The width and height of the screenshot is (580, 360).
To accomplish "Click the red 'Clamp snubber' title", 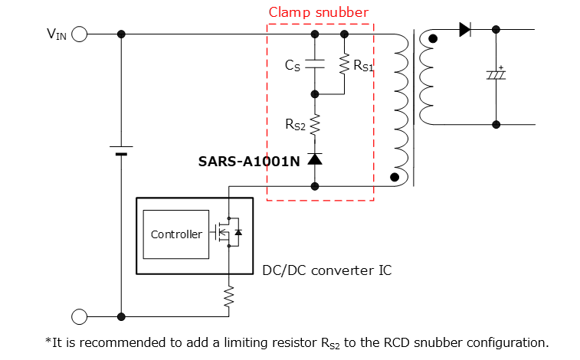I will click(x=318, y=12).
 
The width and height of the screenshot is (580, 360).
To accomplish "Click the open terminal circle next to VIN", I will click(x=80, y=34).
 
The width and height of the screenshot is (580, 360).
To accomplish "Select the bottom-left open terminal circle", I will click(x=80, y=316).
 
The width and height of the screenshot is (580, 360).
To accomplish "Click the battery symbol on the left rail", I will click(x=121, y=149).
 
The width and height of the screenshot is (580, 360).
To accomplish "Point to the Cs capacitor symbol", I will click(x=314, y=66).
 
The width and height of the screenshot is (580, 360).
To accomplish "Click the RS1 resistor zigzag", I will click(x=344, y=65).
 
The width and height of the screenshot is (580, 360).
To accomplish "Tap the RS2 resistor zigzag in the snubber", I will click(x=314, y=125).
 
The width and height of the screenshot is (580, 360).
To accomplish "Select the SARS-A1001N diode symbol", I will click(x=314, y=159).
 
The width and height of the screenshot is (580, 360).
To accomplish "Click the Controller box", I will click(x=176, y=234).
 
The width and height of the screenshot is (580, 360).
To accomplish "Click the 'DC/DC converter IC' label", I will click(x=328, y=270).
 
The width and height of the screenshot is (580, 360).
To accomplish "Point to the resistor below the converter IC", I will click(x=228, y=296).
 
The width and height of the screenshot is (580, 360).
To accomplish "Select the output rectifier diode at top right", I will click(x=464, y=30).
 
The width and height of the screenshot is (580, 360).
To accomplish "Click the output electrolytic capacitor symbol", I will click(x=496, y=76).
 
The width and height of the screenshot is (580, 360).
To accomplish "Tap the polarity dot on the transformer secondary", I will click(x=434, y=39).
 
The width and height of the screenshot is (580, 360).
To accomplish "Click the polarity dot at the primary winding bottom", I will click(x=394, y=178).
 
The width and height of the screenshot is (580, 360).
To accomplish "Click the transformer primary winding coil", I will click(x=399, y=107).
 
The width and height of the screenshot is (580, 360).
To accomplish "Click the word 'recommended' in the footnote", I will click(x=106, y=342).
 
